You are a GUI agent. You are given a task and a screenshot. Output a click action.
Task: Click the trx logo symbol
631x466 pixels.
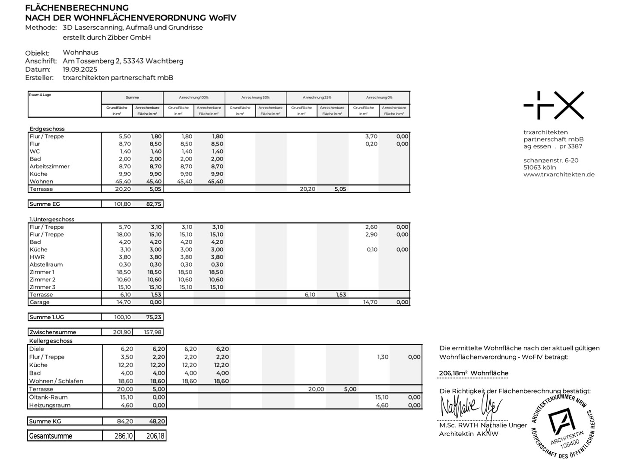coord(554,105)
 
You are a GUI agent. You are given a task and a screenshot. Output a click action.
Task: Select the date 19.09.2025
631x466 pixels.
coord(80,69)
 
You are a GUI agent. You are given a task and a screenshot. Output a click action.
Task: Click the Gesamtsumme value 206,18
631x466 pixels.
coord(155,436)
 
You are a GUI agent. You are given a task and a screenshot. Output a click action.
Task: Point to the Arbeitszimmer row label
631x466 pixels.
coord(49,167)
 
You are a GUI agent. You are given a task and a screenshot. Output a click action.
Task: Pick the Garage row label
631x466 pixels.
coord(39,302)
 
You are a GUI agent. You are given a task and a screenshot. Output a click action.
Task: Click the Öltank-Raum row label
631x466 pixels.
coord(48,397)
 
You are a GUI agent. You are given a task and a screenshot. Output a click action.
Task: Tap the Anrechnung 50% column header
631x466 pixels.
coord(255,98)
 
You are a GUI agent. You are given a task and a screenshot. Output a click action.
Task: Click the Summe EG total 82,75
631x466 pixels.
coord(154,204)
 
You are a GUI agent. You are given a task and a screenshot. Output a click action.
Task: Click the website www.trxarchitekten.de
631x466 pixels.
coord(559,175)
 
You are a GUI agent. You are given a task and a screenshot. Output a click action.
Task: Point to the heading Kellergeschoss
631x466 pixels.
coord(51,341)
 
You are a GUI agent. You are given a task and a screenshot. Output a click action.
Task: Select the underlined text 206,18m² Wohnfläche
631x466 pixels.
coord(473,373)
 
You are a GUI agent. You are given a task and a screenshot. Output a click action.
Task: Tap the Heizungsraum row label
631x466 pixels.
coord(50,406)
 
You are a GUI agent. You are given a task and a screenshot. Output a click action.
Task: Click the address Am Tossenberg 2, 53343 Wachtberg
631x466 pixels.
coord(123,61)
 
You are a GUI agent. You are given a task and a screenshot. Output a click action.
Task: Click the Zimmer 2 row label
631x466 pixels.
coord(42,280)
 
